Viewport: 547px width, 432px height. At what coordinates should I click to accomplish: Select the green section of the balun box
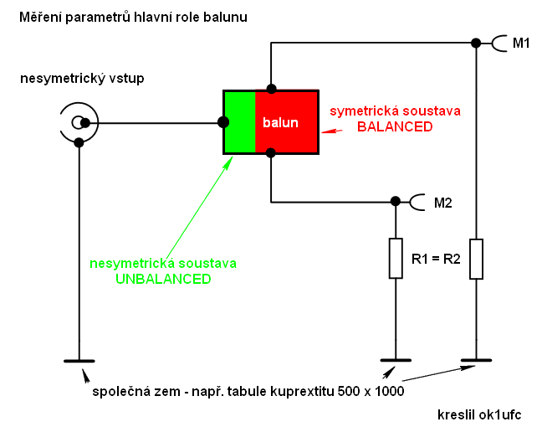coord(238,122)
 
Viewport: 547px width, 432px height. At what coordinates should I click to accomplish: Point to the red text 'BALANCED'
coord(395,126)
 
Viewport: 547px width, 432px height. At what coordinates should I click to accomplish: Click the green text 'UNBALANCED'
coord(163,280)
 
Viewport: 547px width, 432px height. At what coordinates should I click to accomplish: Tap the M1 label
coord(520,44)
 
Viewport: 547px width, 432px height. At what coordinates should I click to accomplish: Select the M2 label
coord(443,202)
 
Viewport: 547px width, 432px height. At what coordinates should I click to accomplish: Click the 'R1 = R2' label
coord(437,258)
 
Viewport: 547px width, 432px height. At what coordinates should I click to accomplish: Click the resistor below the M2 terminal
coord(396,258)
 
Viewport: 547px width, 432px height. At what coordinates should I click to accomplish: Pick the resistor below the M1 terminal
coord(476,258)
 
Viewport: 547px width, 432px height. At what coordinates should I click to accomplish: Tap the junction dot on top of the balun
coord(271,88)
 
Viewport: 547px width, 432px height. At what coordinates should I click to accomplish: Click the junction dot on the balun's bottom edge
coord(271,152)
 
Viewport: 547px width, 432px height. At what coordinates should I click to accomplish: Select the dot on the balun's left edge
coord(223,123)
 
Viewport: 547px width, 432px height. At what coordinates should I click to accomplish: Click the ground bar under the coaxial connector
coord(79,362)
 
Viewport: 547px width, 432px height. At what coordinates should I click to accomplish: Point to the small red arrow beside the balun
coord(332,132)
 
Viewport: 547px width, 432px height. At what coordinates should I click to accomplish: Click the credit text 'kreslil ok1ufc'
coord(479,414)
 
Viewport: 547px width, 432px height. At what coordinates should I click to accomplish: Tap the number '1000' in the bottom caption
coord(389,391)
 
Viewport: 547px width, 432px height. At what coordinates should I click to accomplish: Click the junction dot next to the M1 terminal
coord(476,43)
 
